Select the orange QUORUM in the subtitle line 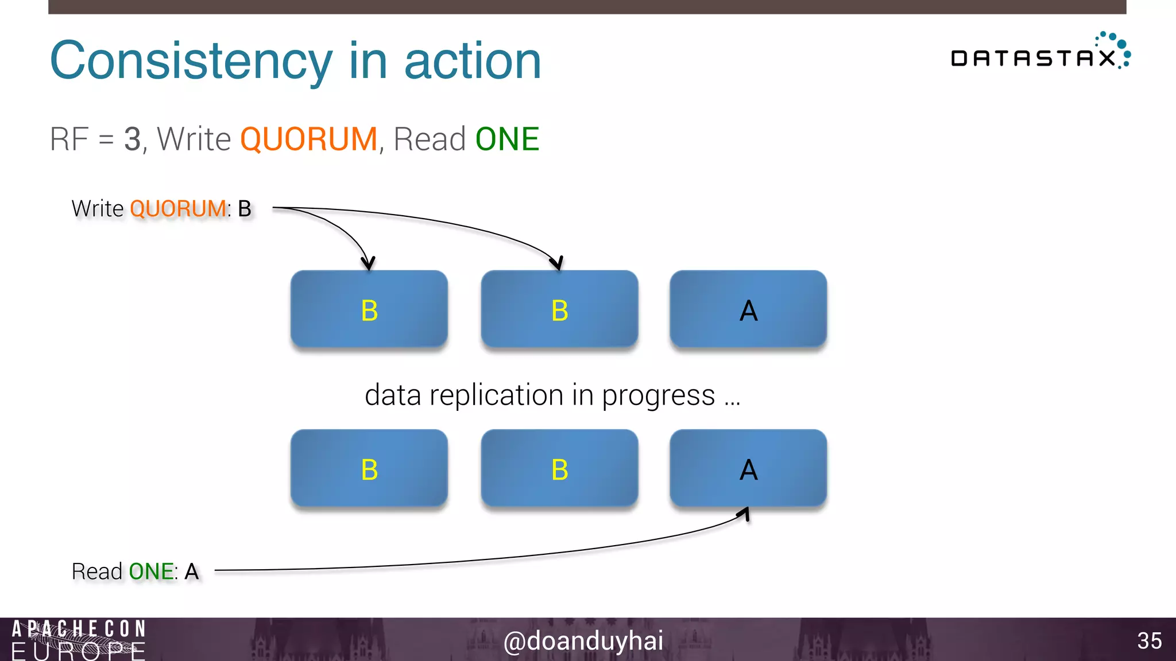pos(308,139)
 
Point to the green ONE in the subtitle pos(507,139)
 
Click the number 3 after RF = pos(132,139)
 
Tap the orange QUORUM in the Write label pos(178,209)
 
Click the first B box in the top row pos(369,310)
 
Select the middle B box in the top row pos(559,310)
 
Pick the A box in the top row pos(748,310)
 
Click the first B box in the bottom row pos(369,469)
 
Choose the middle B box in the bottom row pos(559,469)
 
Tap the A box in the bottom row pos(748,469)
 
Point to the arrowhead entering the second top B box pos(558,263)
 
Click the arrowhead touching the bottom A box pos(745,514)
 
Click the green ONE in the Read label pos(151,571)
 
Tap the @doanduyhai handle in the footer pos(583,641)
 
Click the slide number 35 pos(1149,641)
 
